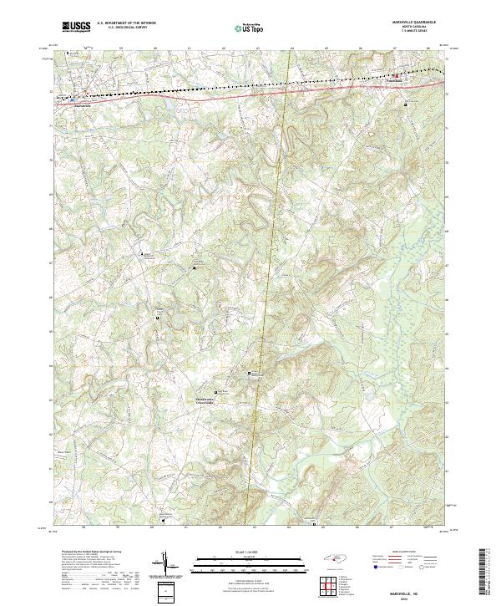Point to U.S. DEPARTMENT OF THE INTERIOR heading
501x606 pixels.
pos(126,23)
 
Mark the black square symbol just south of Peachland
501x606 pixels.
pos(407,105)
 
